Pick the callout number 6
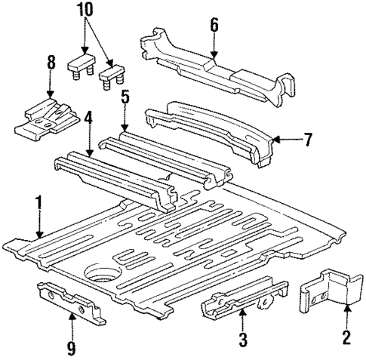[x=214, y=26]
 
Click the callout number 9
[x=72, y=349]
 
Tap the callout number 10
[x=85, y=12]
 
